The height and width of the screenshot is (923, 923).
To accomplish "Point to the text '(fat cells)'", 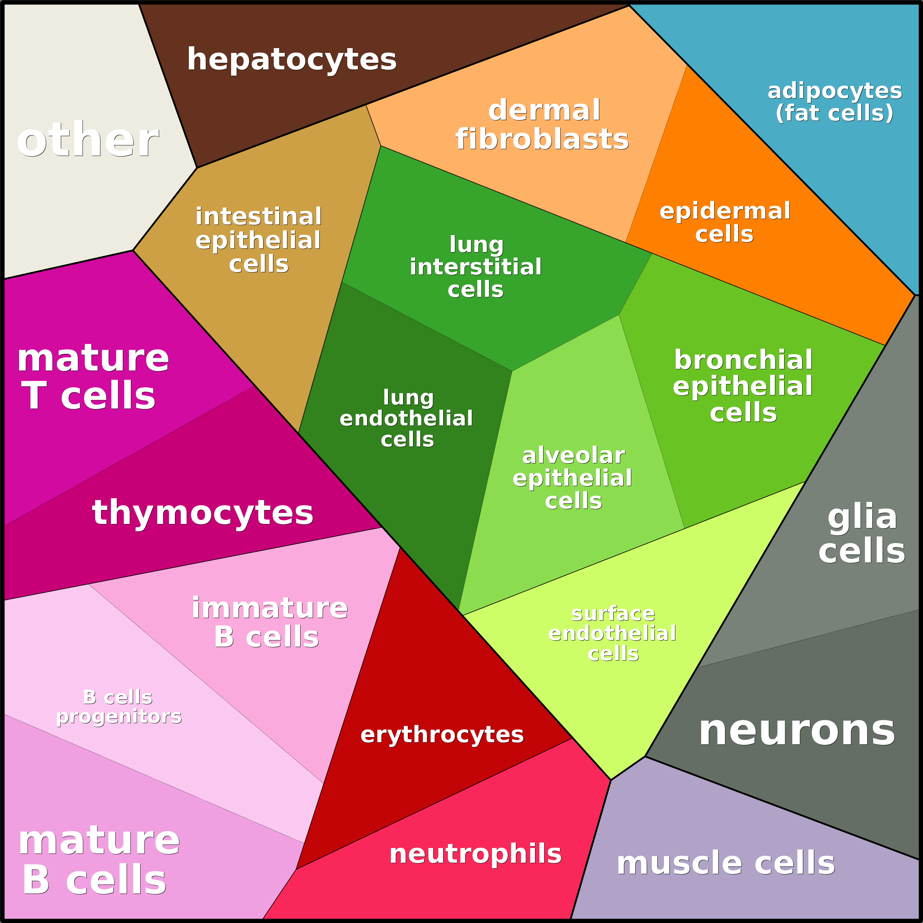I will pos(834,113).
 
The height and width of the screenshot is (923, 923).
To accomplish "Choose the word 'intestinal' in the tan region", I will pos(258,216).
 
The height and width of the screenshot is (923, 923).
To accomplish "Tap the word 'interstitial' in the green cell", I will pos(475,267).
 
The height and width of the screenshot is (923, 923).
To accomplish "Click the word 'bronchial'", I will pos(743,359).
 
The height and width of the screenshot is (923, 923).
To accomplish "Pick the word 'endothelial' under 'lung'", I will pos(406,419).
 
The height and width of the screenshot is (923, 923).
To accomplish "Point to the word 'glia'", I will pos(862,517).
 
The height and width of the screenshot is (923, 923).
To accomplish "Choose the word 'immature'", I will pos(269,608).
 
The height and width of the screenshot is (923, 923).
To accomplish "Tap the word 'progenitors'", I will pos(119,717).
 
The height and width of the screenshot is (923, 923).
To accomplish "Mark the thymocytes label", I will pos(202,513).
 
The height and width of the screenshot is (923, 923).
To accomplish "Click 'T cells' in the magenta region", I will pos(89,396).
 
